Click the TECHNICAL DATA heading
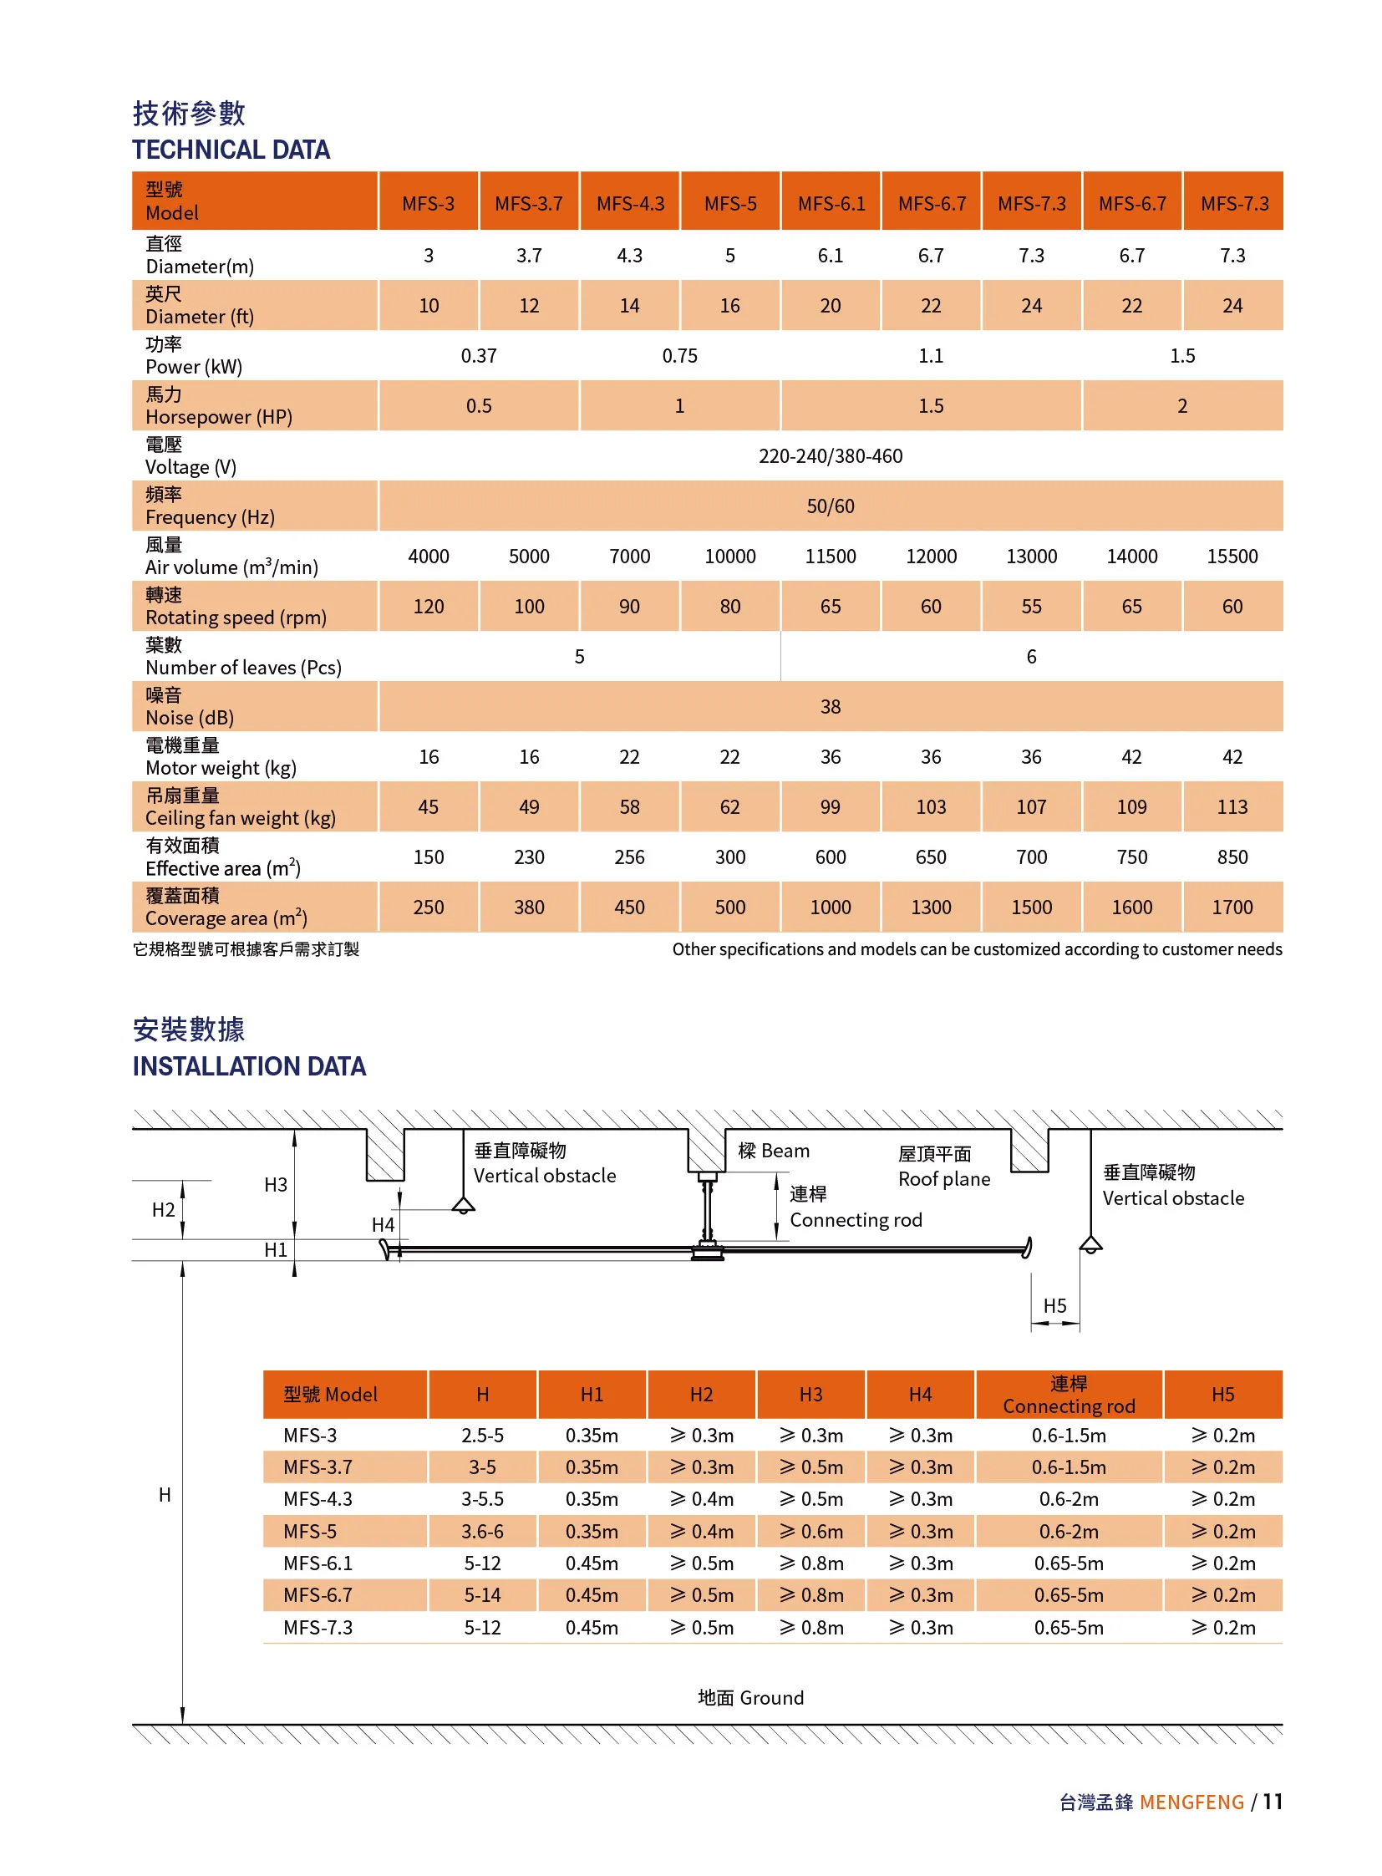[231, 150]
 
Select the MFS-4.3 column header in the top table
[630, 203]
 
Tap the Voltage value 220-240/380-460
[830, 456]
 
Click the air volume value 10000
[729, 557]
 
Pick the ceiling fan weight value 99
[830, 806]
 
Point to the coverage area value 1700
[1232, 907]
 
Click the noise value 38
[830, 706]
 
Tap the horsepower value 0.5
[479, 406]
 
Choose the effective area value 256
[629, 857]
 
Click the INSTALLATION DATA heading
[248, 1066]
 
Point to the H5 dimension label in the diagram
[1054, 1306]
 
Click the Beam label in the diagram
[774, 1151]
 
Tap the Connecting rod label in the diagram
[855, 1220]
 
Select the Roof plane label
[943, 1179]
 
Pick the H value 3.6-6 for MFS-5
[482, 1531]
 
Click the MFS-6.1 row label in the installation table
[318, 1563]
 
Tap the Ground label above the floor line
[750, 1698]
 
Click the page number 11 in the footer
[1272, 1802]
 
